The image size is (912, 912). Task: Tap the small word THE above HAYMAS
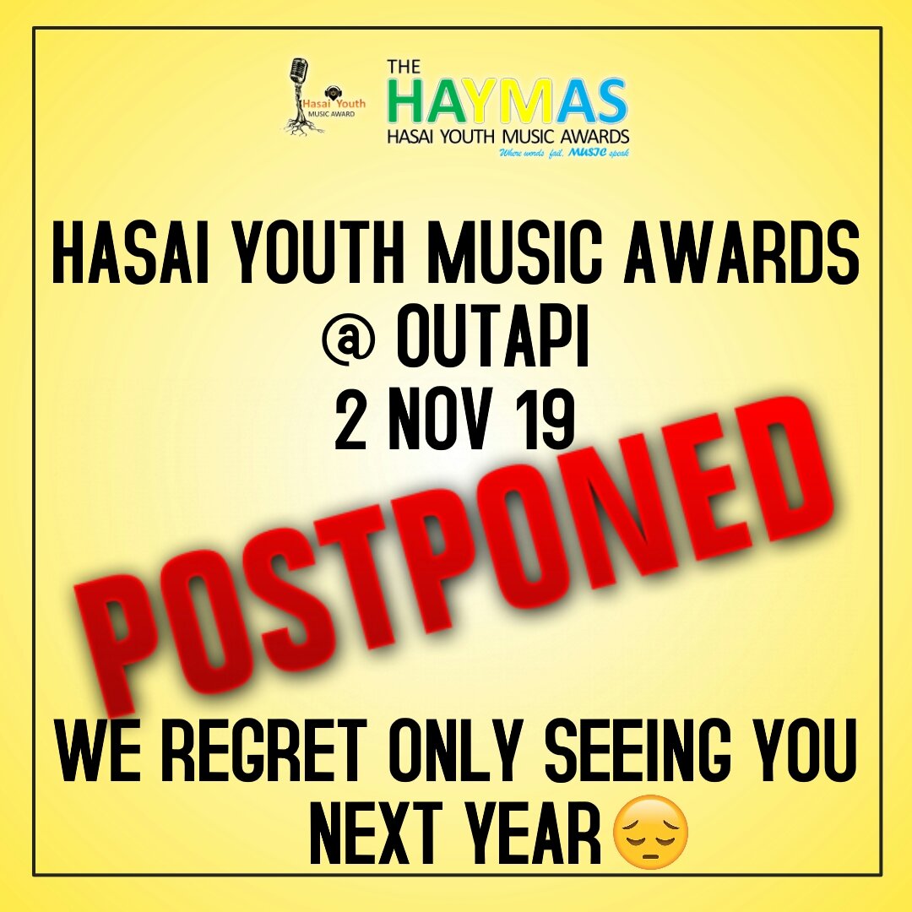pyautogui.click(x=404, y=67)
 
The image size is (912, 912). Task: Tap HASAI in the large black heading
pyautogui.click(x=130, y=255)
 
